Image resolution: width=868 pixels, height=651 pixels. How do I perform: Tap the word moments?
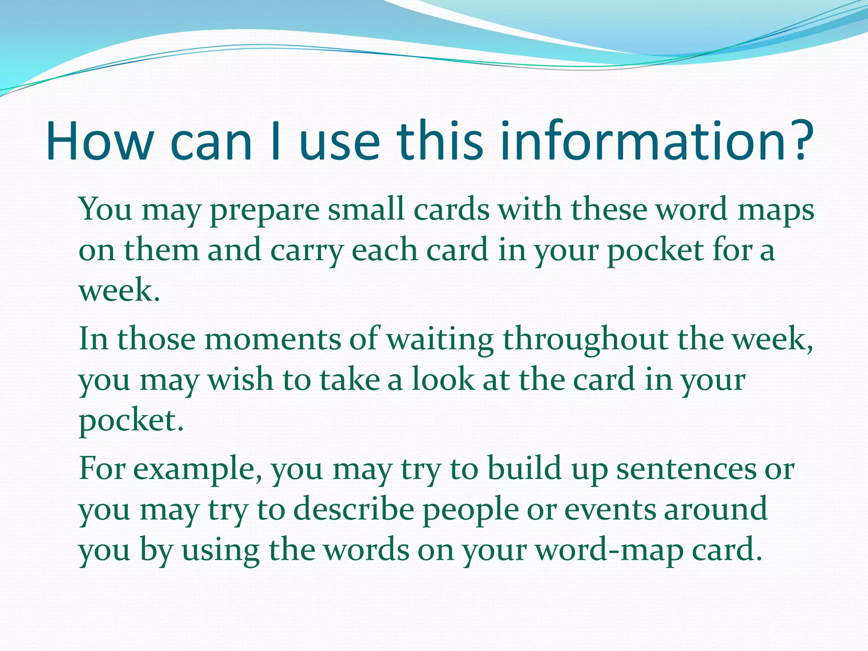[273, 339]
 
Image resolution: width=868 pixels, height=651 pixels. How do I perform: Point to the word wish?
[240, 379]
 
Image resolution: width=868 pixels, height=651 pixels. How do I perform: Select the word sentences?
[686, 469]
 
